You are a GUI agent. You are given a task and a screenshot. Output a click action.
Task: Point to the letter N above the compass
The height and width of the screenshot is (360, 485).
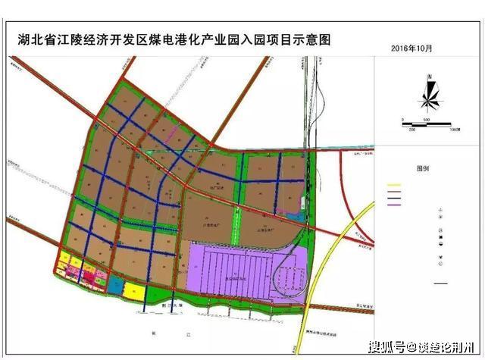pos(429,77)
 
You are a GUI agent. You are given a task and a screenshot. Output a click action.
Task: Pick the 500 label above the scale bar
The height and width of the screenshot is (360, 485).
pos(427,120)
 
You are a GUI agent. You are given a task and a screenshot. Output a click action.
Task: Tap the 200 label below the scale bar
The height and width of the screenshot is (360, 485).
pos(411,130)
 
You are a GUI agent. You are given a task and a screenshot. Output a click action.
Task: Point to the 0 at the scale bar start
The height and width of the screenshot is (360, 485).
pos(403,120)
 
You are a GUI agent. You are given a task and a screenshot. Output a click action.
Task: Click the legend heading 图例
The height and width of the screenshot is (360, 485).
pos(423,168)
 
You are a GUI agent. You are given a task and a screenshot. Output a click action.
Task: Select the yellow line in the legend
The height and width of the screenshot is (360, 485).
pos(393,185)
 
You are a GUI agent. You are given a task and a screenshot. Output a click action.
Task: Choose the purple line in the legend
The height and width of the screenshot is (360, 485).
pos(393,203)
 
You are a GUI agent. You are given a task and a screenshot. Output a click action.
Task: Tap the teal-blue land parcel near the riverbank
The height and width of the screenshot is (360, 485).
pos(115,285)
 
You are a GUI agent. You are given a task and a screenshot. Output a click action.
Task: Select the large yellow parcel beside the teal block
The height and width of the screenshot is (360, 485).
pos(135,291)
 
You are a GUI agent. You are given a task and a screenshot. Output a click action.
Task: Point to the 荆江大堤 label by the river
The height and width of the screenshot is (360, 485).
pos(174,305)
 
